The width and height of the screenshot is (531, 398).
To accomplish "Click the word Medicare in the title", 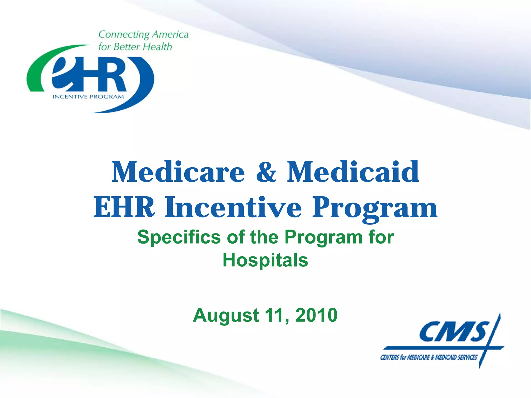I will pos(178,172).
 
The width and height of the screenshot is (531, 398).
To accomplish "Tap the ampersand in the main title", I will pos(266,172).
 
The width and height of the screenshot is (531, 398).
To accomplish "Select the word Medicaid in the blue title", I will pos(353,172).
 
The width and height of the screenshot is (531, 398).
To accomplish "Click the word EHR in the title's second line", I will pos(124,207).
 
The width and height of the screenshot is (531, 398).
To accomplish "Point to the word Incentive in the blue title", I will pos(233,207).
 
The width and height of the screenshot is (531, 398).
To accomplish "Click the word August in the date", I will pos(226,315).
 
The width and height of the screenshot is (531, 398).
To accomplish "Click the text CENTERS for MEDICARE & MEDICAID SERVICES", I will pos(429,358).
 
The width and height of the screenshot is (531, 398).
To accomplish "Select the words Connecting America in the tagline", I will pos(143,34).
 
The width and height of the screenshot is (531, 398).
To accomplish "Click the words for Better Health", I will pos(135,47).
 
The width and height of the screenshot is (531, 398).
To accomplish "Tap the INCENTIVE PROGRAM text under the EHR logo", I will pos(88,97).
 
